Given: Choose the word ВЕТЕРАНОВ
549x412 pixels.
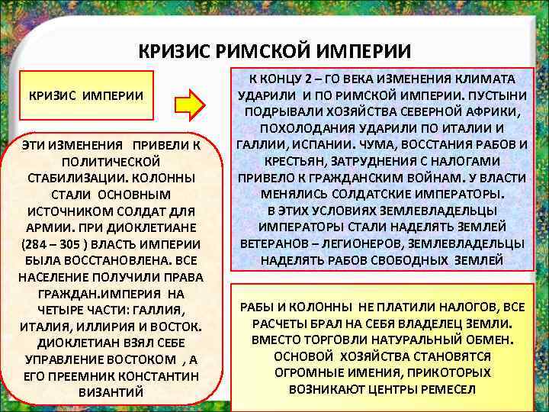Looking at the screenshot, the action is point(275,243).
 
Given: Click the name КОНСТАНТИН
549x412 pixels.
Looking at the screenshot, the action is point(163,375).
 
